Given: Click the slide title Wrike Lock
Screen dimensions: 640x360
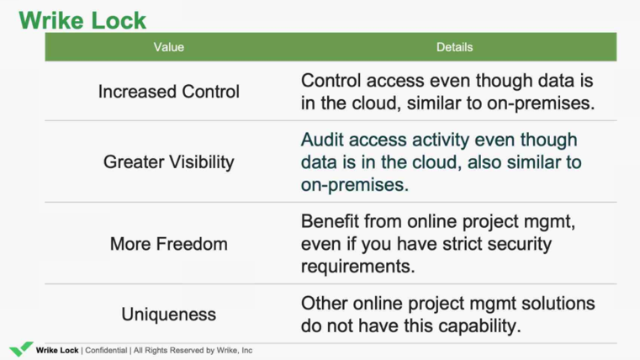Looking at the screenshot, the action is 82,20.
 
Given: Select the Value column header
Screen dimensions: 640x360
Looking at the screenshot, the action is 168,47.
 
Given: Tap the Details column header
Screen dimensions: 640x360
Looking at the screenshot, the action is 454,47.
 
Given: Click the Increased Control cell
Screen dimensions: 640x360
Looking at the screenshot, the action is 168,92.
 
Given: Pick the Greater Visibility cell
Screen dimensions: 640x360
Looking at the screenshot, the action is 168,162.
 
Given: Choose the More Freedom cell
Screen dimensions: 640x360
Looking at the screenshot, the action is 168,244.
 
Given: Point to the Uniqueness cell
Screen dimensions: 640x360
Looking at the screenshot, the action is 168,315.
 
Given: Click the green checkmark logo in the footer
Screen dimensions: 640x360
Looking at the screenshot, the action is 21,349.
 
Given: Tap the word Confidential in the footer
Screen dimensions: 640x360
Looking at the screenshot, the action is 106,351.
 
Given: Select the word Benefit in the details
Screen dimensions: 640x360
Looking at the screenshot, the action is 329,221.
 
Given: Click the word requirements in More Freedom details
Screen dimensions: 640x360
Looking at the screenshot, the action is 358,267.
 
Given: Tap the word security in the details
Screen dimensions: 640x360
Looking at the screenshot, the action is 520,244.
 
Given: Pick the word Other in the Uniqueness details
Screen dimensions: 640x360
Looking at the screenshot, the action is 324,304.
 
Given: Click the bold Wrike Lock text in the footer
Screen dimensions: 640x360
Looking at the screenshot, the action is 57,351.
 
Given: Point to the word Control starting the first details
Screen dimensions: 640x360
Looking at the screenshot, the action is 331,81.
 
